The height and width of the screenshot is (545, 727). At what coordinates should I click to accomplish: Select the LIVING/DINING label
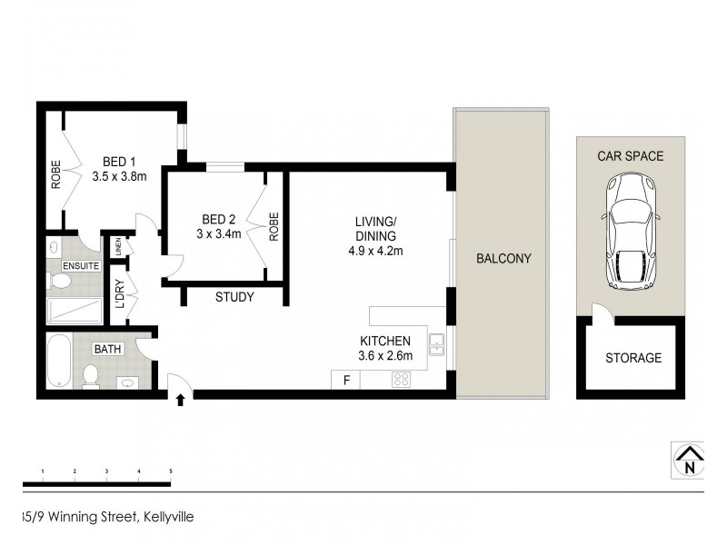(x=375, y=228)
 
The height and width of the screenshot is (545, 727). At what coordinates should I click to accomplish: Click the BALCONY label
(x=503, y=259)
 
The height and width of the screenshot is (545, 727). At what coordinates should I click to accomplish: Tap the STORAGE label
(x=633, y=358)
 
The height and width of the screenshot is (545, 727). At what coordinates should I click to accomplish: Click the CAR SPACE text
(x=630, y=156)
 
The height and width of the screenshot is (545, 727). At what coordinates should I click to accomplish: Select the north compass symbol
(x=690, y=460)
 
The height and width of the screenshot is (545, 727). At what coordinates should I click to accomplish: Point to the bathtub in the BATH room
(x=58, y=361)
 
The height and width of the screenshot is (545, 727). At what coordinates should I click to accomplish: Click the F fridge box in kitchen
(x=345, y=381)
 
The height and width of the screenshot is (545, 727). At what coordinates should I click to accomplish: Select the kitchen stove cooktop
(x=400, y=381)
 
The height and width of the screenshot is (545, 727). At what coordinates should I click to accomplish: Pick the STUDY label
(x=234, y=297)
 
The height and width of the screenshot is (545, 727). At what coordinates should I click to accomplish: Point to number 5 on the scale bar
(x=170, y=471)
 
